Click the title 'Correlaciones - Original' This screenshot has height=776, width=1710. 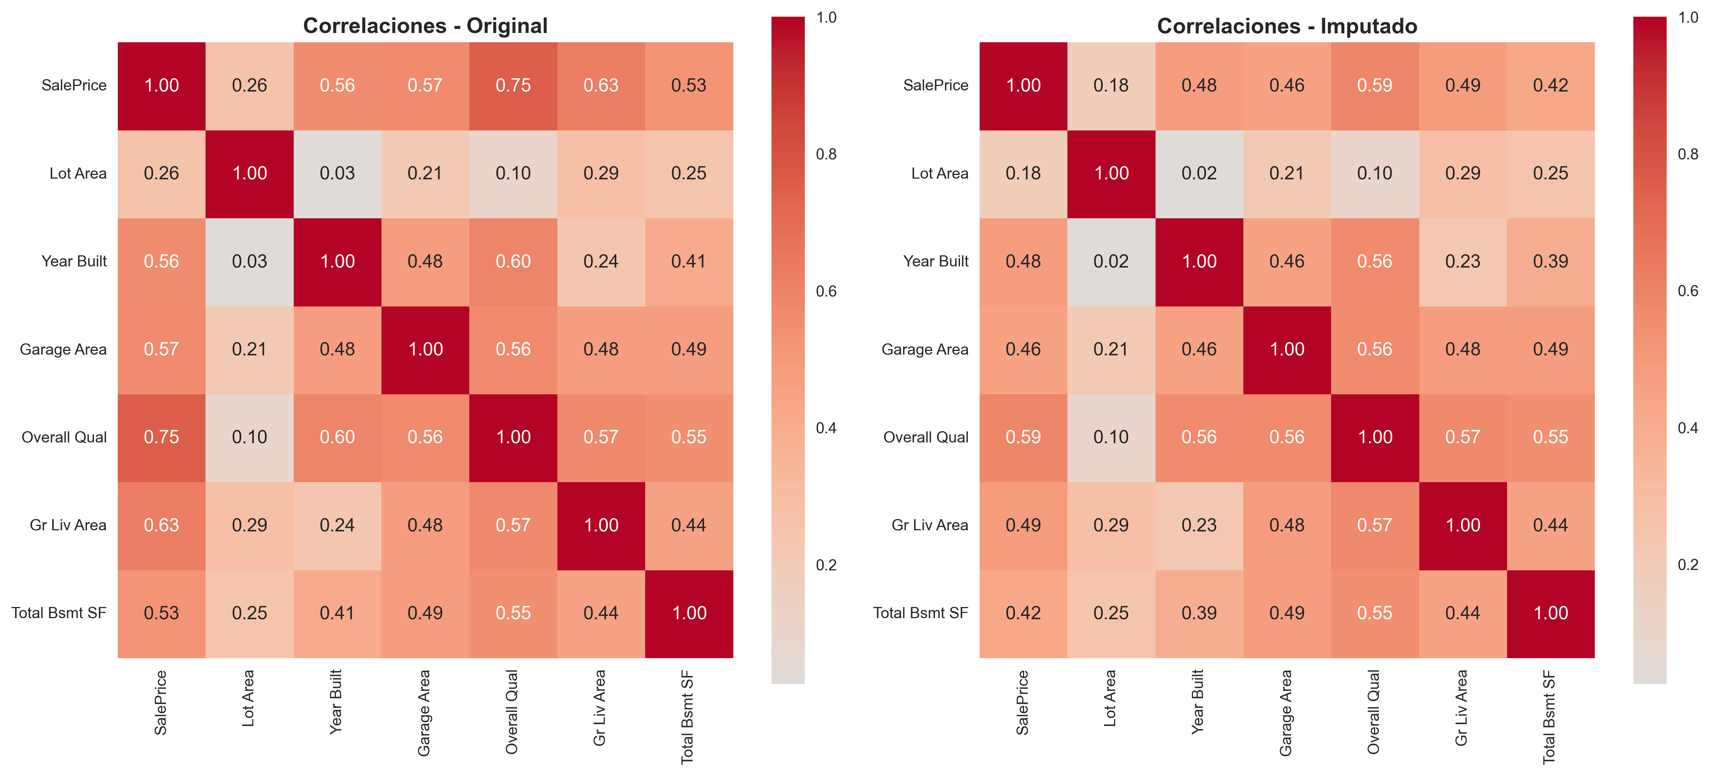(x=425, y=26)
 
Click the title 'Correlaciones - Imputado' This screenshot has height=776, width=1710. (x=1287, y=26)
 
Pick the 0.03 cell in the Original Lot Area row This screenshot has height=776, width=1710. (x=337, y=173)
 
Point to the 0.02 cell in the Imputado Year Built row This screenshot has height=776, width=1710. (x=1111, y=262)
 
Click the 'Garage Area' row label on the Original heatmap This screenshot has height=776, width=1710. (x=63, y=349)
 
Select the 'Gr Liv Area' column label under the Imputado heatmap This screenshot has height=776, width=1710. (x=1461, y=707)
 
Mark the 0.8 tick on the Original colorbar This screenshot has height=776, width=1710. (x=826, y=154)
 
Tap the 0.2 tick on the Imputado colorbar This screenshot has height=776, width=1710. (x=1687, y=565)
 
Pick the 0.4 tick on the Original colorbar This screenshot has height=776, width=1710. (x=826, y=428)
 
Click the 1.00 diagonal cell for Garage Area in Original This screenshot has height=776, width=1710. (x=425, y=349)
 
